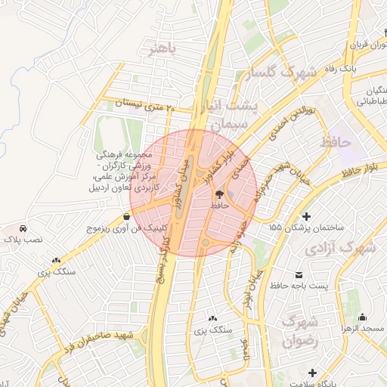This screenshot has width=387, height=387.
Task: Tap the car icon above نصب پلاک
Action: coord(24,228)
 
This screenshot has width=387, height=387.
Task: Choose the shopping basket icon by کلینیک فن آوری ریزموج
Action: coord(126,216)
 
